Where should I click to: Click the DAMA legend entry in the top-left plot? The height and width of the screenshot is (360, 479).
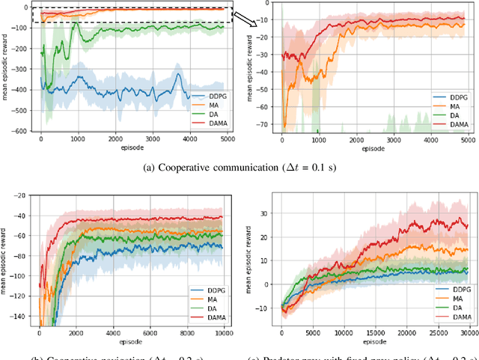212,121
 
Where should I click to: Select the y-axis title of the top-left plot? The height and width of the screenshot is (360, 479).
7,69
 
